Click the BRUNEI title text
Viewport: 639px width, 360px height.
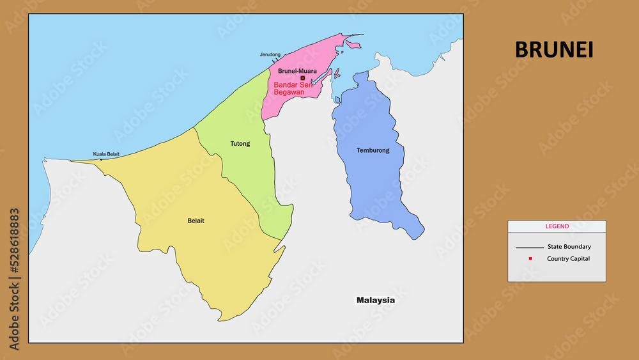pyautogui.click(x=554, y=50)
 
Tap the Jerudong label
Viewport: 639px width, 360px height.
pyautogui.click(x=270, y=55)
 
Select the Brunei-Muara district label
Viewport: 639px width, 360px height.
pyautogui.click(x=297, y=71)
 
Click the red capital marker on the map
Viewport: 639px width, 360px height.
pyautogui.click(x=302, y=78)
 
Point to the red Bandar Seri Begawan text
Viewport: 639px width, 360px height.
pyautogui.click(x=292, y=88)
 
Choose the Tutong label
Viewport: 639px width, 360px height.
pyautogui.click(x=240, y=144)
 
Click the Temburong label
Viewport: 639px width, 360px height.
pyautogui.click(x=373, y=151)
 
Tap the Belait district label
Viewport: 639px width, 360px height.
pyautogui.click(x=196, y=221)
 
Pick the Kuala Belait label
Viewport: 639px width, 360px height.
pyautogui.click(x=106, y=154)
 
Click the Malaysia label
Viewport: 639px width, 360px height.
pyautogui.click(x=376, y=300)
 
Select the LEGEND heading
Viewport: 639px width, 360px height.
pyautogui.click(x=557, y=226)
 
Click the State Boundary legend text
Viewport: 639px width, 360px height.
pyautogui.click(x=569, y=247)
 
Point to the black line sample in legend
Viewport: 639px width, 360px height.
pyautogui.click(x=529, y=247)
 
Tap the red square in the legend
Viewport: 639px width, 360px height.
pyautogui.click(x=530, y=258)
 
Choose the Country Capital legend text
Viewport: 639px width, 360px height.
pyautogui.click(x=568, y=259)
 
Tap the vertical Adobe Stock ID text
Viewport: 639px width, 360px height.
pyautogui.click(x=15, y=279)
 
